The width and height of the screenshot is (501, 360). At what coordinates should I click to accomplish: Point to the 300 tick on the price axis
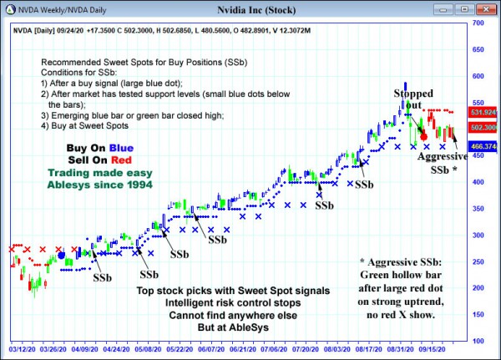tap(478, 235)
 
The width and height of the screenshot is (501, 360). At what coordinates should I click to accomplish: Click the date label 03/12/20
tap(22, 352)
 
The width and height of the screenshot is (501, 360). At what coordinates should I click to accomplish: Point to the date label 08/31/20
tap(402, 352)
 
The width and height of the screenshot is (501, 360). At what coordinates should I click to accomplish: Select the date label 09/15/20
tap(434, 352)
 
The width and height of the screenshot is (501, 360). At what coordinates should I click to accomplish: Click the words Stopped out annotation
tap(414, 99)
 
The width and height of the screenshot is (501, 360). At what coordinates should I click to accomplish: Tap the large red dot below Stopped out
tap(423, 135)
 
